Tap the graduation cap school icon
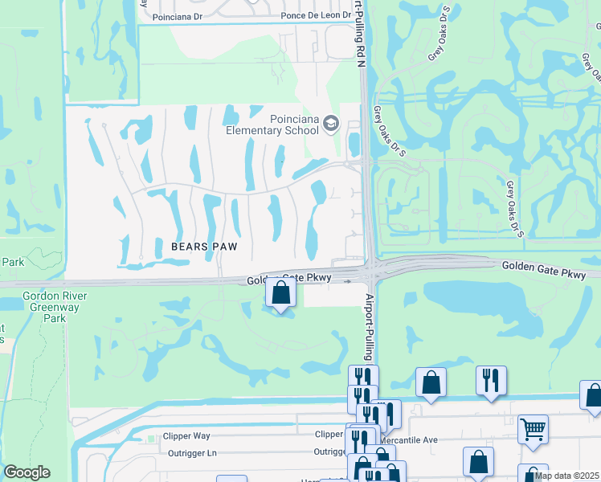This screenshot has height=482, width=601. pos(331,124)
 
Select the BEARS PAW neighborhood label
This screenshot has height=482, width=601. pos(202,247)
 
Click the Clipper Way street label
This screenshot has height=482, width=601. pos(189,435)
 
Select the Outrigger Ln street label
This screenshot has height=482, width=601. pos(192,451)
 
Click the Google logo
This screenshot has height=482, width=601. pos(27,472)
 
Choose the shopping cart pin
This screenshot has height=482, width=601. pos(533,430)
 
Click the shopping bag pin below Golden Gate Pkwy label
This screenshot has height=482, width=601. pos(280,292)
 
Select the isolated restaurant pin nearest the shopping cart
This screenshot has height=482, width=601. pos(491,381)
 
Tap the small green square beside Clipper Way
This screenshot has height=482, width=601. pos(150,439)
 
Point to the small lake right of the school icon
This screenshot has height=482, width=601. pos(354,145)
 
